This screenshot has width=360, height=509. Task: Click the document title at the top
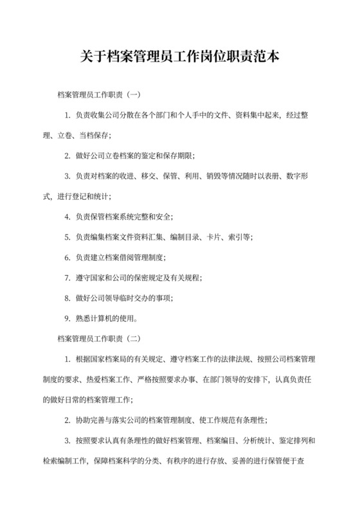[x=180, y=57]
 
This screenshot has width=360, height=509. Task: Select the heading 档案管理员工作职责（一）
[x=98, y=95]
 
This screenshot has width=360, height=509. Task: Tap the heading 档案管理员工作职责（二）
[x=98, y=337]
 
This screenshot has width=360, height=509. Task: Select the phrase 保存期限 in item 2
[x=176, y=156]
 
